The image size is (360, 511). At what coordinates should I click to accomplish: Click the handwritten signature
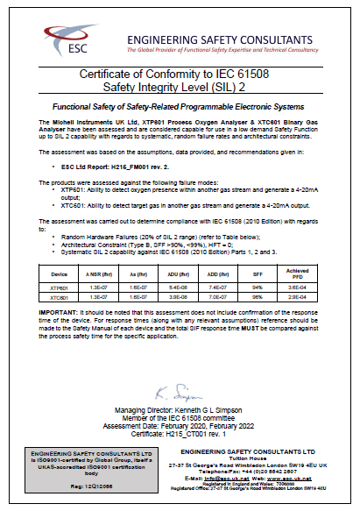(x=180, y=390)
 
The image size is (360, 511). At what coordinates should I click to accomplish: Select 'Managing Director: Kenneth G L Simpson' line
(x=180, y=410)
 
